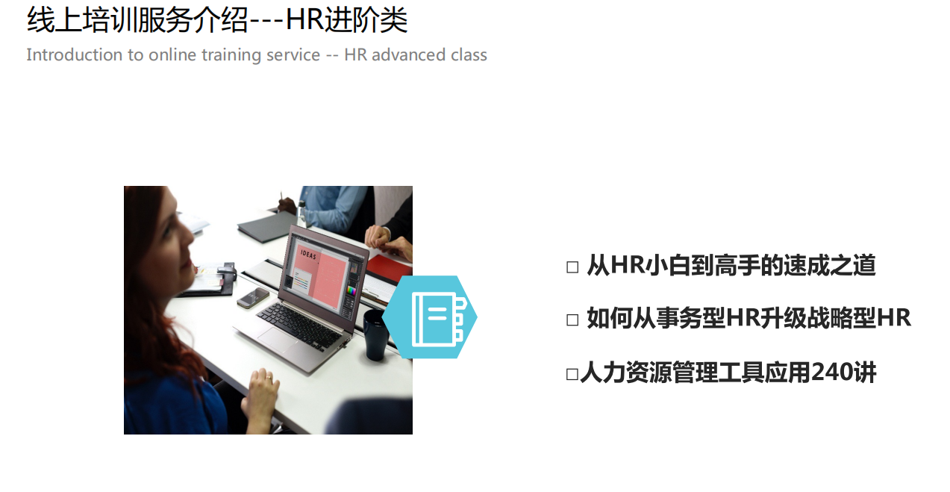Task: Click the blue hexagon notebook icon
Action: pos(430,317)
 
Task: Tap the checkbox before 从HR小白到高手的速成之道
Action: pos(572,267)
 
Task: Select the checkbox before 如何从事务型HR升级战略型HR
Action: pos(572,320)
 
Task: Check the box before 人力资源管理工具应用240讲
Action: pos(572,375)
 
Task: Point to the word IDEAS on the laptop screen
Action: pos(308,255)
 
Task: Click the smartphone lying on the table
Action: pos(253,298)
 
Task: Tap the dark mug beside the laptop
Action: pos(375,334)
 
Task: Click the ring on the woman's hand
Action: pos(268,376)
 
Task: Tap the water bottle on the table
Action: pos(301,214)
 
